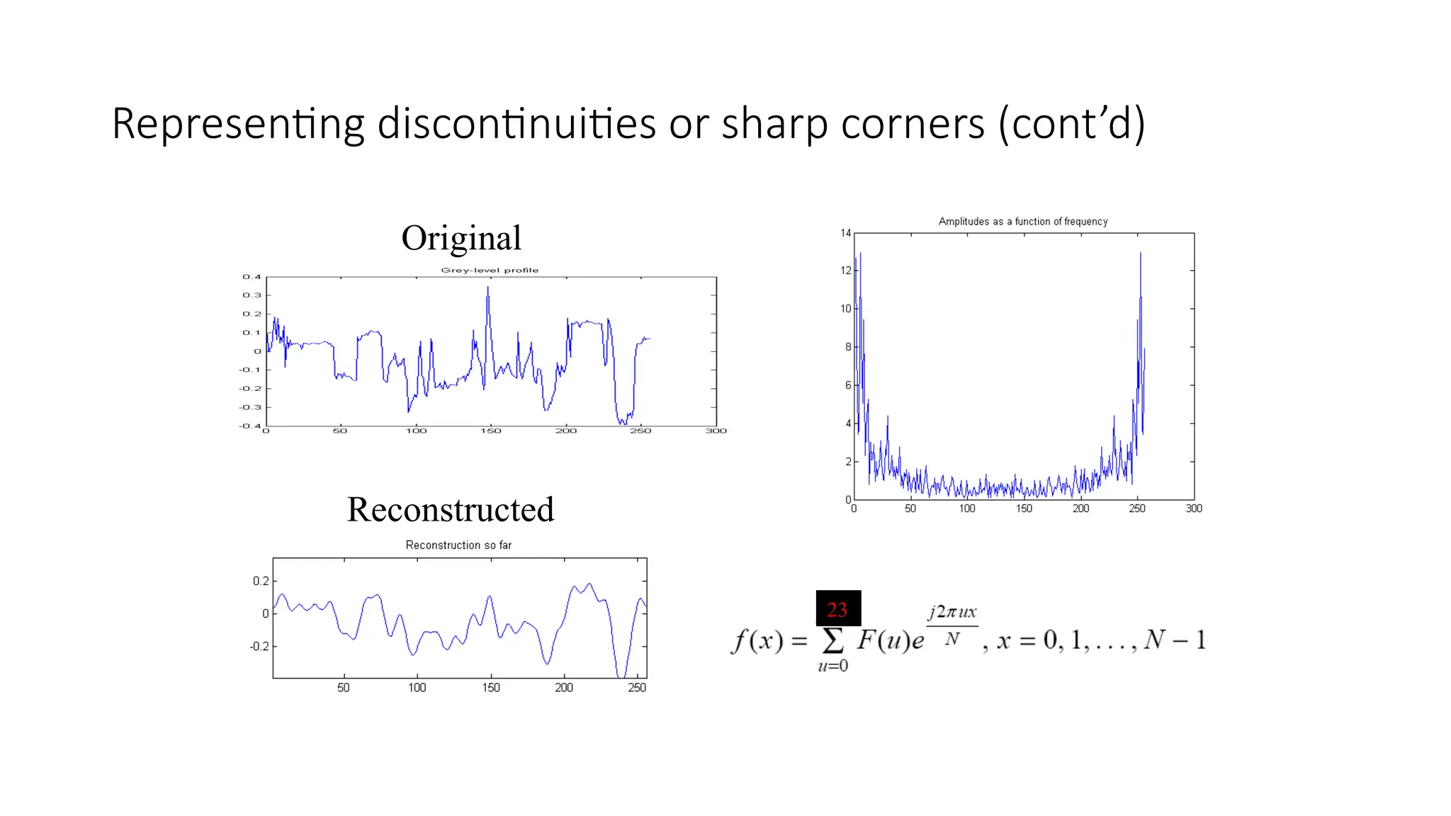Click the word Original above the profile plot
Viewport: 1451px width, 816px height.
[x=461, y=238]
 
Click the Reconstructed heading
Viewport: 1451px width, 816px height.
[x=451, y=509]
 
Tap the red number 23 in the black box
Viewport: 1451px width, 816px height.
[x=837, y=609]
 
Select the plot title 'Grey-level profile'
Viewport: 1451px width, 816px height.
[x=490, y=270]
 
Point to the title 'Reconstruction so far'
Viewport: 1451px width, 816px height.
[x=458, y=545]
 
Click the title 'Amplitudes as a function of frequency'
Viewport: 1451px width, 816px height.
[x=1023, y=222]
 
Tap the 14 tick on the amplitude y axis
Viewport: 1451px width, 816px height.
[x=846, y=233]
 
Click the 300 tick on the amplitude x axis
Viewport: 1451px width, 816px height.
[x=1194, y=509]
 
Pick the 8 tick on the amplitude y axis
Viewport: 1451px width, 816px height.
[x=848, y=347]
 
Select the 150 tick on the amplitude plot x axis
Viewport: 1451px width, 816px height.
[x=1024, y=509]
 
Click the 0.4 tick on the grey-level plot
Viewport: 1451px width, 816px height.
[x=252, y=277]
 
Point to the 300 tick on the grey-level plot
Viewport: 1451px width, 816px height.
[x=716, y=431]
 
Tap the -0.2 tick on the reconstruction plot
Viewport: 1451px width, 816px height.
[x=259, y=646]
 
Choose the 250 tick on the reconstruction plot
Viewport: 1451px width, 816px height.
[x=637, y=688]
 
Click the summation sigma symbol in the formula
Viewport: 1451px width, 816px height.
[x=833, y=640]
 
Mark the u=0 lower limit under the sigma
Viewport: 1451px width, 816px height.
[x=833, y=666]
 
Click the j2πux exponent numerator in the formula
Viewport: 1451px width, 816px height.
[x=952, y=612]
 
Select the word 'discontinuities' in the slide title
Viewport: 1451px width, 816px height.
[x=517, y=124]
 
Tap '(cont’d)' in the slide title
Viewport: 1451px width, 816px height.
[x=1072, y=124]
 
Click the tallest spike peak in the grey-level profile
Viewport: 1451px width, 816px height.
[x=488, y=288]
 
